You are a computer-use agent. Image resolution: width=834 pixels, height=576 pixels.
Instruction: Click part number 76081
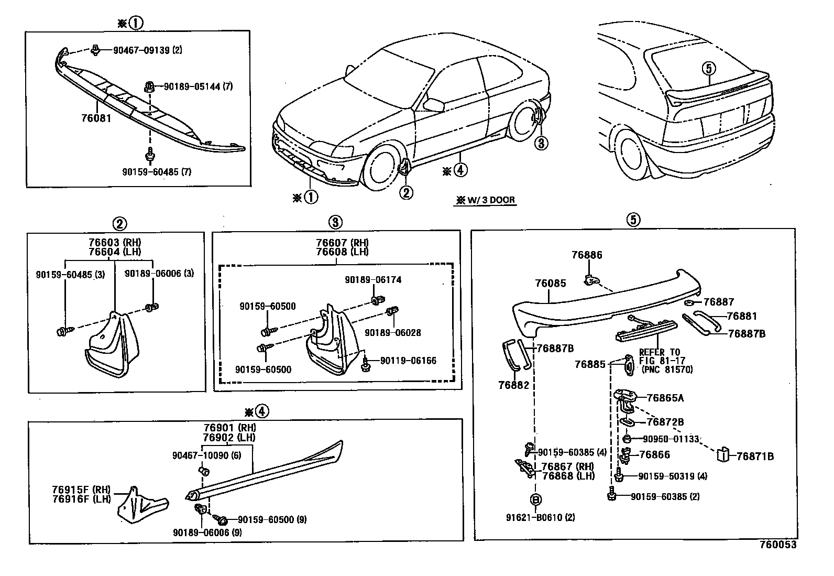(x=96, y=118)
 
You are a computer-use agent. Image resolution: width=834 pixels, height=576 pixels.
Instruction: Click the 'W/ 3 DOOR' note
(x=486, y=200)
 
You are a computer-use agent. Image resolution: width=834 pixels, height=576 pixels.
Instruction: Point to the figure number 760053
(x=778, y=545)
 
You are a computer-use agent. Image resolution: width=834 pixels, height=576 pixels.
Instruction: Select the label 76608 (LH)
(x=342, y=252)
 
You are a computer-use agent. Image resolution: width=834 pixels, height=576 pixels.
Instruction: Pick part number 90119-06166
(x=408, y=361)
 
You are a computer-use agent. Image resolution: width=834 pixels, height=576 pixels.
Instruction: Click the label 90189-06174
(x=373, y=280)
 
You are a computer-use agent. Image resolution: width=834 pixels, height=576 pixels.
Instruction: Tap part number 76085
(x=550, y=283)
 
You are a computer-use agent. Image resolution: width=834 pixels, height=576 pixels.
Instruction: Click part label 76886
(x=587, y=255)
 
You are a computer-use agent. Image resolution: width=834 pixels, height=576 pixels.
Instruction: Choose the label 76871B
(x=755, y=457)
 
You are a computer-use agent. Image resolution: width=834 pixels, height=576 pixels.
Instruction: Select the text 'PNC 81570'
(x=667, y=369)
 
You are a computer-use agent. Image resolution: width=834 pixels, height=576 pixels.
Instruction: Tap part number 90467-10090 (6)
(x=206, y=456)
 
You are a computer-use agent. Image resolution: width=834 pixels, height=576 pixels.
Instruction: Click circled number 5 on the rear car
(x=708, y=68)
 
